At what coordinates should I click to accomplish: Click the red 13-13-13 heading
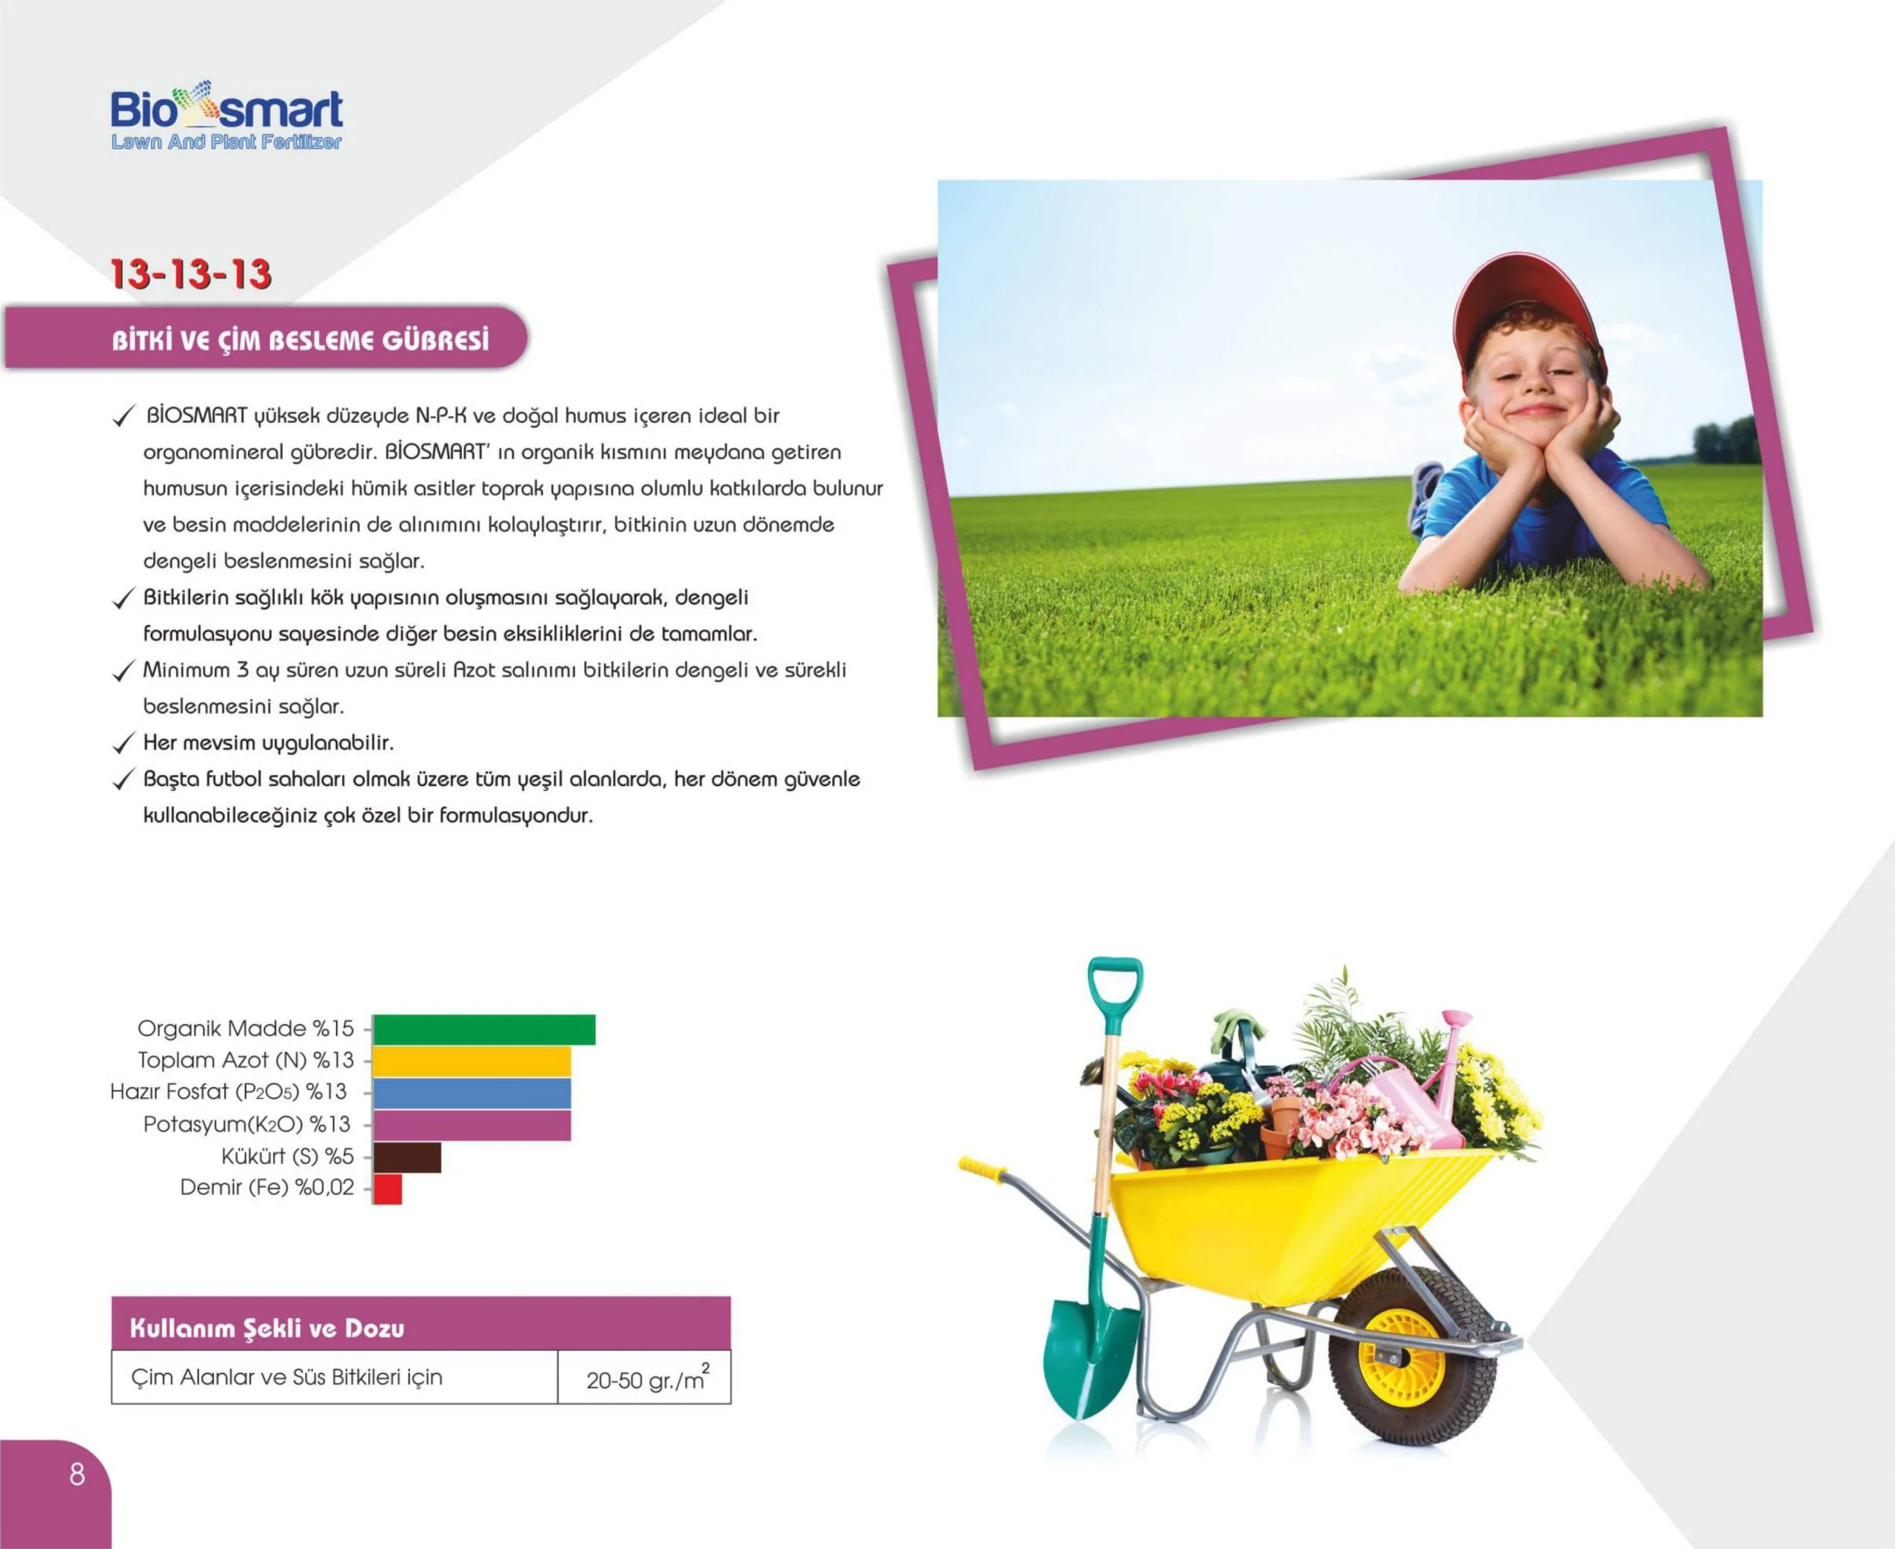tap(191, 274)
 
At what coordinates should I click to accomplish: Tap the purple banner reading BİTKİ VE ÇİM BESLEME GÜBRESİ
tap(266, 338)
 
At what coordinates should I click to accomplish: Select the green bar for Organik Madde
tap(484, 1028)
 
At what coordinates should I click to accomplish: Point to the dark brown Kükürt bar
tap(407, 1157)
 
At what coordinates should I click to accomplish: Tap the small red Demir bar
tap(387, 1189)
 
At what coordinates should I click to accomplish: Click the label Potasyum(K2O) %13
tap(247, 1124)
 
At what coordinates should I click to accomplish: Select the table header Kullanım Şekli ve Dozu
tap(266, 1328)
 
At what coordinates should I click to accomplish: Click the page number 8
tap(78, 1473)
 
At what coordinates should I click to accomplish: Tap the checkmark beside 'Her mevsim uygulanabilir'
tap(123, 743)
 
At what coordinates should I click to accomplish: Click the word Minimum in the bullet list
tap(187, 670)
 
